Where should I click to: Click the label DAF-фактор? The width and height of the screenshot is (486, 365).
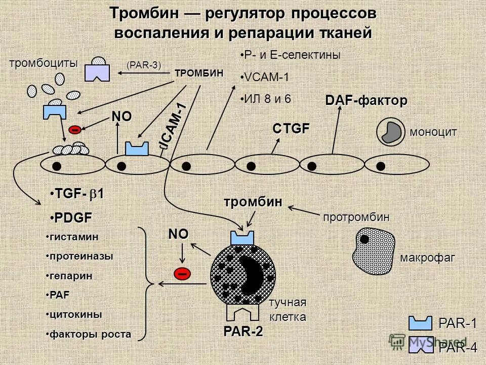point(366,101)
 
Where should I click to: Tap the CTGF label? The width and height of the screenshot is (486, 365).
point(291,129)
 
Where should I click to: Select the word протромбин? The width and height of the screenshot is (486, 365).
point(356,217)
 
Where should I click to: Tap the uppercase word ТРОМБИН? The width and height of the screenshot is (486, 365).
point(198,72)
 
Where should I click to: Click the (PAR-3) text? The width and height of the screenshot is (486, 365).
point(144,64)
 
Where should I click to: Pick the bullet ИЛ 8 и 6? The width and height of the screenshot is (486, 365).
point(267,98)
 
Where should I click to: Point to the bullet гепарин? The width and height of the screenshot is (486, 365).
point(71,276)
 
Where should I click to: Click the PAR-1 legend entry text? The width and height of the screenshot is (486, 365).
point(457,323)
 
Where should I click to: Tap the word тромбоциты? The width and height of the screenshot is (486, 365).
point(44,63)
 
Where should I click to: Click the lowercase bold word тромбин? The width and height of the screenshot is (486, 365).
point(253,201)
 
